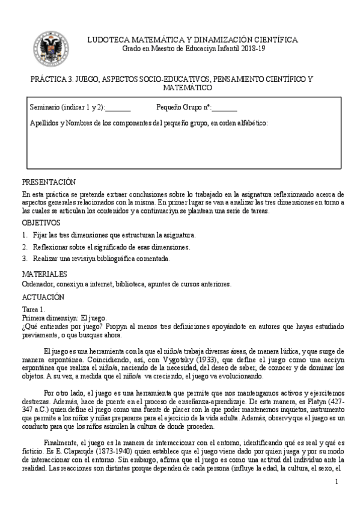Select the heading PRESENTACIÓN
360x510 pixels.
click(x=49, y=182)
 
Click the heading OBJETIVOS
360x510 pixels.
click(x=41, y=223)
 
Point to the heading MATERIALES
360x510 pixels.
click(x=44, y=274)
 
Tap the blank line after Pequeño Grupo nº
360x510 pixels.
click(x=224, y=108)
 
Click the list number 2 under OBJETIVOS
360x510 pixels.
click(x=25, y=247)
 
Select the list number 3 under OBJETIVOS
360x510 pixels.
click(x=25, y=259)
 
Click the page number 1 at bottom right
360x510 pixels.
click(x=337, y=481)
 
